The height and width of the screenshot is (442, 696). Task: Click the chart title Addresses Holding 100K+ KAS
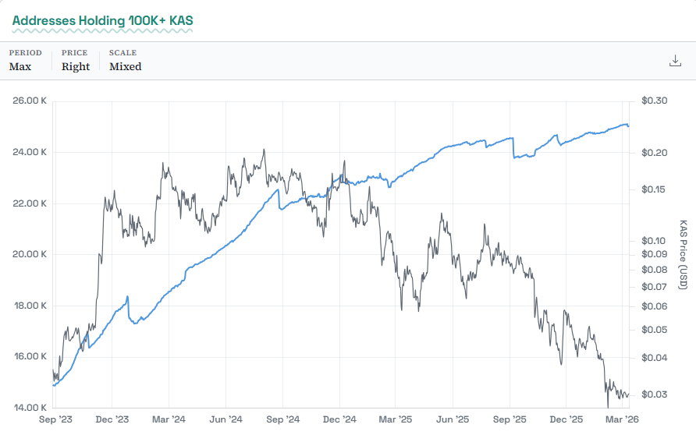pos(102,19)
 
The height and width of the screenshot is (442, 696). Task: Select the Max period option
pos(20,66)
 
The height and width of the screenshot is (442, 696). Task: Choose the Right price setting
pos(76,66)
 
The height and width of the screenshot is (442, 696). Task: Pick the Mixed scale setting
pos(125,66)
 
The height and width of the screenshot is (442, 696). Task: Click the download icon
pos(676,61)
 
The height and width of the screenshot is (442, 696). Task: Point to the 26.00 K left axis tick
pos(30,101)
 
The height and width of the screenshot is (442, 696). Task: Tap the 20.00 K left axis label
pos(30,254)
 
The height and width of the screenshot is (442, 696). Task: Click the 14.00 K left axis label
pos(30,407)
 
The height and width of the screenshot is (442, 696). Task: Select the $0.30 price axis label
pos(653,101)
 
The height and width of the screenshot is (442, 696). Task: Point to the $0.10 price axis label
pos(653,241)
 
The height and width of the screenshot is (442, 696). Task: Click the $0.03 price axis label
pos(653,394)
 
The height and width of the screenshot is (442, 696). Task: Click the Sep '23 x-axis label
pos(55,419)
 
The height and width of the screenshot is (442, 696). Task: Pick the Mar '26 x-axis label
pos(623,419)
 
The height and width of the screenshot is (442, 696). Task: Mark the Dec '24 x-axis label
pos(339,419)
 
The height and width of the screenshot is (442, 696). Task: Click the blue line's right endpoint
pos(629,126)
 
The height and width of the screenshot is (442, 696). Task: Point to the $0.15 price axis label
pos(653,189)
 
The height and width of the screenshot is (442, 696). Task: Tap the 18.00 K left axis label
pos(30,305)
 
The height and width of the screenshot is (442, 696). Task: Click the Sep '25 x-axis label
pos(510,419)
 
